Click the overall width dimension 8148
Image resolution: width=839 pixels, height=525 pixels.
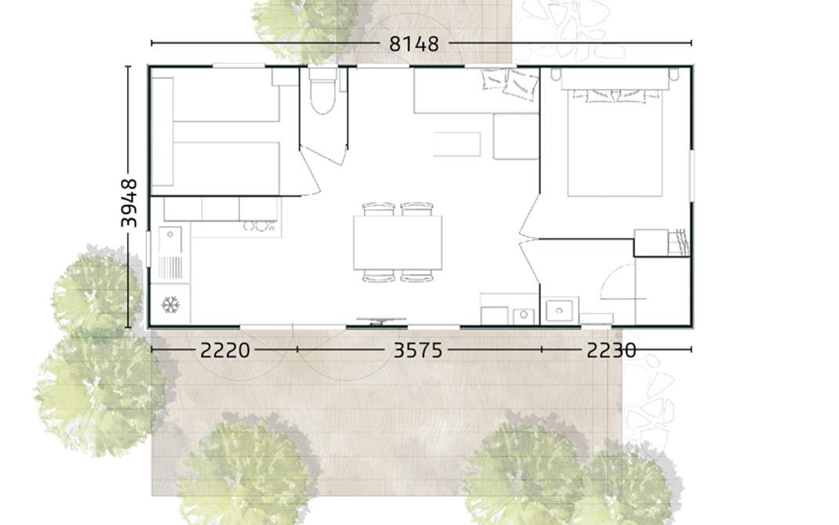click(x=414, y=44)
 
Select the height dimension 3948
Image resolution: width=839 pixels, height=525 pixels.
click(x=129, y=203)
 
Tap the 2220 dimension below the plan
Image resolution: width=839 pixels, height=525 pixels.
click(x=225, y=350)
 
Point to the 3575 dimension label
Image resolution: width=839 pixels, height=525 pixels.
click(x=418, y=350)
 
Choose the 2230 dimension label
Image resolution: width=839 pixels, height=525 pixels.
click(x=611, y=350)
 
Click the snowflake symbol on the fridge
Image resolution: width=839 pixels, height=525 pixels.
click(x=170, y=305)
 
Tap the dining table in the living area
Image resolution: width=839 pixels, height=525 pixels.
click(x=398, y=242)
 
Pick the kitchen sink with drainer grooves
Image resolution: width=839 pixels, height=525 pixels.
click(x=171, y=253)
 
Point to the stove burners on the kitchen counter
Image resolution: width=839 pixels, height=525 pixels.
click(x=259, y=226)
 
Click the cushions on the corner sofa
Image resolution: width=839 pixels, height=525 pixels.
click(x=510, y=82)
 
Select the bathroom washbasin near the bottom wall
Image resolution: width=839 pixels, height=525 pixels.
click(x=559, y=310)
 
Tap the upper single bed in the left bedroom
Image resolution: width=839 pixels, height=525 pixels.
click(x=226, y=99)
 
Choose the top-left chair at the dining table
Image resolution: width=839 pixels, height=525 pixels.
click(x=378, y=209)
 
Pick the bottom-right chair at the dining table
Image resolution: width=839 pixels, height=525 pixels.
click(x=417, y=276)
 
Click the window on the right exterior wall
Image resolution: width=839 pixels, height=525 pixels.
click(x=692, y=176)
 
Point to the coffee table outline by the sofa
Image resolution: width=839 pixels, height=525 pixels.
click(x=457, y=144)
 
